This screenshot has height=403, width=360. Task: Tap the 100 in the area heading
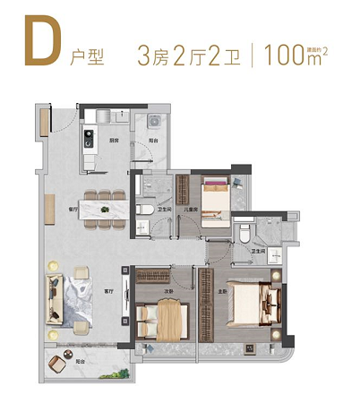281,54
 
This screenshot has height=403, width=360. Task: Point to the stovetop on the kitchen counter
90,138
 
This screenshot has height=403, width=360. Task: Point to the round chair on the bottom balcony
59,362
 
